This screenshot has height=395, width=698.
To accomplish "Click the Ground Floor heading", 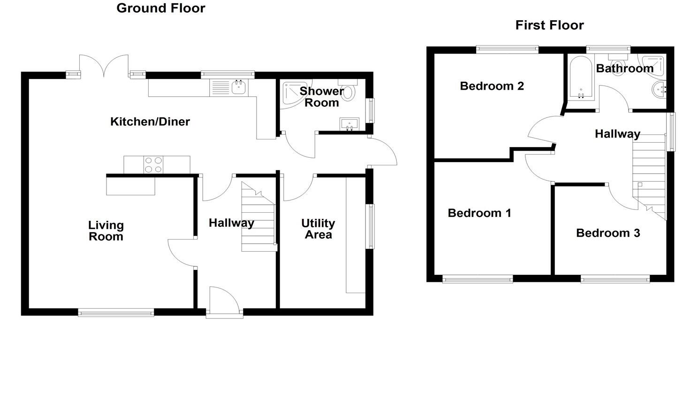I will pos(160,8).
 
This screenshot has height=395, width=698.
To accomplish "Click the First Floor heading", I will pos(549,25).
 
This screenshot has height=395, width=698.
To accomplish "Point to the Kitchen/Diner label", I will pos(150,122).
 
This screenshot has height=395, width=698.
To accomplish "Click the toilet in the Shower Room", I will pos(348,91).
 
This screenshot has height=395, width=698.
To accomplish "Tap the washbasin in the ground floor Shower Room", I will pos(349,124).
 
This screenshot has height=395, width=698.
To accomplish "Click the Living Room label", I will pos(106,231).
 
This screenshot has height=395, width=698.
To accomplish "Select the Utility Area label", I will pos(318,229).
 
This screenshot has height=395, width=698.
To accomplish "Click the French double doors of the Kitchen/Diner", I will pos(104,66).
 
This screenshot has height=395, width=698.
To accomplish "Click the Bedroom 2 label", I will pos(492,86).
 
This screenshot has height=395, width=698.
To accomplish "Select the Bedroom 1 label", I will pos(479,213).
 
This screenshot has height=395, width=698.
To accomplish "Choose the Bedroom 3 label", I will pos(608,233).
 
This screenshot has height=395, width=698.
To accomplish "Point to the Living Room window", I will pos(116,312).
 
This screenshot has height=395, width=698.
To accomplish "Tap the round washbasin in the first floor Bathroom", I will pos(659,88).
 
